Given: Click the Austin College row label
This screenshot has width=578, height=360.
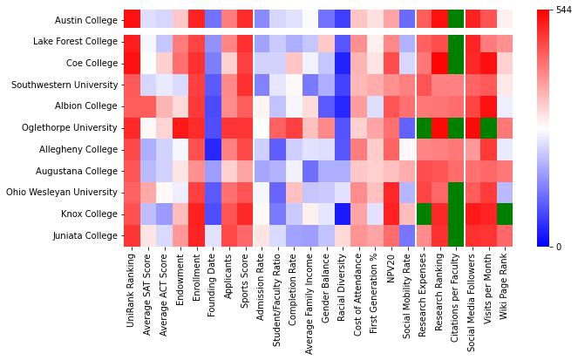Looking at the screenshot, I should [87, 20].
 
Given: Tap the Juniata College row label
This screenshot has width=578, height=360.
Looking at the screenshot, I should [86, 235].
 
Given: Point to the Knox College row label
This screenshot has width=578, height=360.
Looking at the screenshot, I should [90, 214].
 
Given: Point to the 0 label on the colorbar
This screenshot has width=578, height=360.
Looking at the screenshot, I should [559, 247].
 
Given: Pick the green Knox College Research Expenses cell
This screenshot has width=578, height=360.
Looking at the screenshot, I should [424, 214].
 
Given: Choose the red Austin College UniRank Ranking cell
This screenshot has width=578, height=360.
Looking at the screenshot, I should [131, 19].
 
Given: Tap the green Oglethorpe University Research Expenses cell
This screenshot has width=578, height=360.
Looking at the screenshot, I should [424, 127].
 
